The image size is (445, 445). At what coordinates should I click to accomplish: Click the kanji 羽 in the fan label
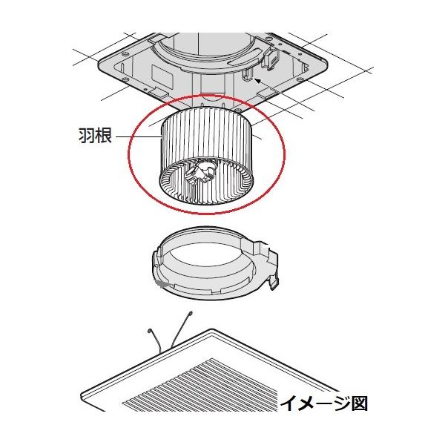(x=87, y=136)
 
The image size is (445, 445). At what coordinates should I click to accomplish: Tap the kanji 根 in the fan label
(x=103, y=136)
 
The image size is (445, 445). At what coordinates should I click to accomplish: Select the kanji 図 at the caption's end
(x=360, y=403)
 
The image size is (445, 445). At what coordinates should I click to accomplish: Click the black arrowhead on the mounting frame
(x=257, y=81)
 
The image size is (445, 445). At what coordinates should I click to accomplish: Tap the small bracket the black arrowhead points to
(x=246, y=75)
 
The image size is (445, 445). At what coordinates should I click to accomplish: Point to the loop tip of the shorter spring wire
(x=149, y=331)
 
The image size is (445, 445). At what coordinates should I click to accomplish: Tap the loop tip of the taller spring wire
(x=190, y=313)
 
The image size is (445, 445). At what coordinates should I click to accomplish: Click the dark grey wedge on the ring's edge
(x=162, y=283)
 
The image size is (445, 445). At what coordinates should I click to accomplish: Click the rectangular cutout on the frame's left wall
(x=162, y=76)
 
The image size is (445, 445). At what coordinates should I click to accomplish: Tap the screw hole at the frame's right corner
(x=300, y=79)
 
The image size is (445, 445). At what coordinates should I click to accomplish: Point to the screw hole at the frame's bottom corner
(x=238, y=109)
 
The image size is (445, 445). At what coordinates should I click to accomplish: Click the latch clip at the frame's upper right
(x=270, y=59)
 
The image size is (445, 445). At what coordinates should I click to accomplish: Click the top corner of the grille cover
(x=211, y=329)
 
